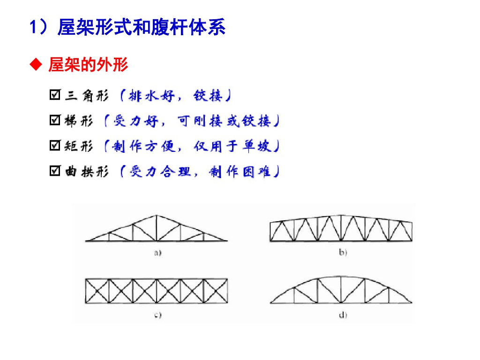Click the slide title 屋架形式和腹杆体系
point(141,27)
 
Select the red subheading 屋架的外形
point(88,65)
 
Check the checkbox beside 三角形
point(54,96)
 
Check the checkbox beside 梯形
point(54,121)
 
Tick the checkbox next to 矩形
point(54,146)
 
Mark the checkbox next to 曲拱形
point(54,172)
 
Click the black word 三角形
point(87,96)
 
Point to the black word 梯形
point(79,121)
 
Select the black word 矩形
point(79,147)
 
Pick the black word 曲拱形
point(87,172)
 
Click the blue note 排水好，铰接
point(174,96)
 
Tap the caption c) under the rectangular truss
point(158,315)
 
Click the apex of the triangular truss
point(157,216)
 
